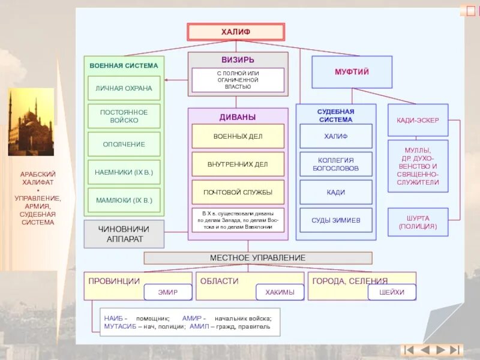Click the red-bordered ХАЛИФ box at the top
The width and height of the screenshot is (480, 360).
(236, 32)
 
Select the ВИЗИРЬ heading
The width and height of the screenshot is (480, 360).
(238, 60)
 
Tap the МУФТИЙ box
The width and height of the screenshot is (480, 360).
(352, 72)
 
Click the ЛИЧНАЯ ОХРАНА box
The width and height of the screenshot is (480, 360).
(124, 88)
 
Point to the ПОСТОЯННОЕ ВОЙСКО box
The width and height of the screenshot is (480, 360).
(124, 116)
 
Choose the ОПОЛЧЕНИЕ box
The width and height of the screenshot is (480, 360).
(124, 144)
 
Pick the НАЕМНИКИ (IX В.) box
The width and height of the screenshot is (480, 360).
(124, 172)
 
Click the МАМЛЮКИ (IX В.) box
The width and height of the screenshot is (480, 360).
(124, 200)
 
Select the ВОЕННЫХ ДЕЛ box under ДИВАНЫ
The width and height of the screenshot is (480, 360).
(238, 136)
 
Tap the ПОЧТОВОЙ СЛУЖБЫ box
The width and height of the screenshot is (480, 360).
(238, 192)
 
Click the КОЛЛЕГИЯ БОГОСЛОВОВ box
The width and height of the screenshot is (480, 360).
(336, 164)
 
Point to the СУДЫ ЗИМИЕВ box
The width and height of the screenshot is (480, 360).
(336, 220)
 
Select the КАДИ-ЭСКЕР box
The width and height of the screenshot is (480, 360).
(418, 120)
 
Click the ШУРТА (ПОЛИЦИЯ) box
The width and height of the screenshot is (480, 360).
(418, 223)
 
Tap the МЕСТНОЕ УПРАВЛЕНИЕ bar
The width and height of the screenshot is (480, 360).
(257, 258)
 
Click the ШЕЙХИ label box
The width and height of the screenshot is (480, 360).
(392, 292)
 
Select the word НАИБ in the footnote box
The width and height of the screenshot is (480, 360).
(114, 319)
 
